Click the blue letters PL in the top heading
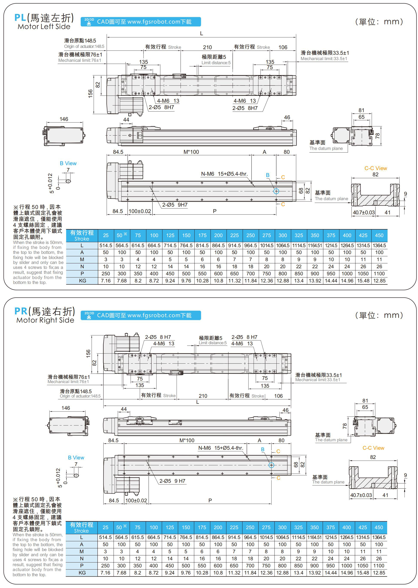[20, 18]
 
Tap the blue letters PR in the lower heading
[21, 311]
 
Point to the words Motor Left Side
[44, 27]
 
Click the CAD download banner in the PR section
[140, 315]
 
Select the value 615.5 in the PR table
[137, 537]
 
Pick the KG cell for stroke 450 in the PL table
[379, 281]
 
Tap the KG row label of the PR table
[82, 573]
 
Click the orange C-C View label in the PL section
[376, 168]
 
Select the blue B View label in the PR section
[76, 458]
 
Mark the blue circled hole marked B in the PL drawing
[276, 191]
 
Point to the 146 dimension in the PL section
[64, 119]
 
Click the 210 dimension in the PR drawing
[203, 396]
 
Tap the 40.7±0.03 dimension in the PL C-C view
[364, 213]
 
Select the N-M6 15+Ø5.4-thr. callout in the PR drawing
[221, 448]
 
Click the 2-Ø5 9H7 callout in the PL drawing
[175, 205]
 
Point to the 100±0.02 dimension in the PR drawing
[136, 500]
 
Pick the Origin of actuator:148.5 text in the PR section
[80, 396]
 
